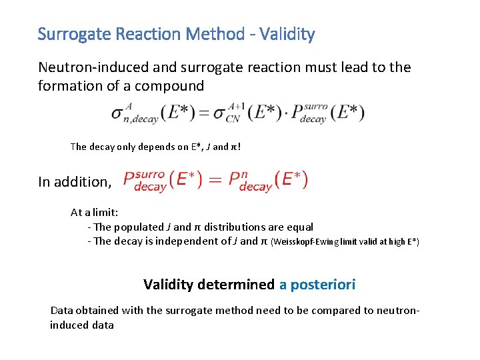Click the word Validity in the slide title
pyautogui.click(x=287, y=34)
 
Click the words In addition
pyautogui.click(x=73, y=182)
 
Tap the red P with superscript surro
pyautogui.click(x=130, y=180)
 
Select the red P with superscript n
pyautogui.click(x=237, y=180)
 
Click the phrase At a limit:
pyautogui.click(x=95, y=213)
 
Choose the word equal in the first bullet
pyautogui.click(x=299, y=227)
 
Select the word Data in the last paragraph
pyautogui.click(x=63, y=310)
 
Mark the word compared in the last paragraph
pyautogui.click(x=321, y=310)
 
